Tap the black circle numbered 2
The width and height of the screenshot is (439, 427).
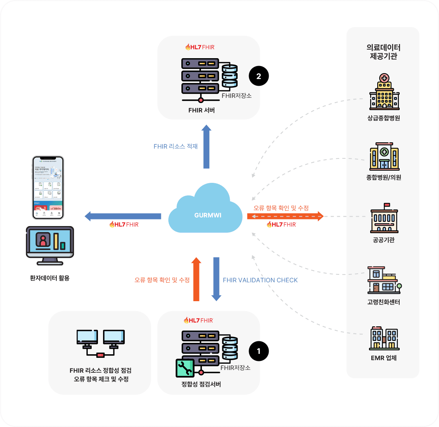258,76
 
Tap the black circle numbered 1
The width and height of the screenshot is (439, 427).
258,351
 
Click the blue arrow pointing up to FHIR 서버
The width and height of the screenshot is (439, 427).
207,147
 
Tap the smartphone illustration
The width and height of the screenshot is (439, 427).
48,188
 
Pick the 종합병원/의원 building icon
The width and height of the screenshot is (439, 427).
384,156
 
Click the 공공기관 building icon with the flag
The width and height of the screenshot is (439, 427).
384,218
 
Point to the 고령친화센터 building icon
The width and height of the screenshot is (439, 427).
384,280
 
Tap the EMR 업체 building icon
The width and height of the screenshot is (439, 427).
384,339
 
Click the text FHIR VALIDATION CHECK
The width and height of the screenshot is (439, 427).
260,280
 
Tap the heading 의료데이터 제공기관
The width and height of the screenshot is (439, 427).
383,52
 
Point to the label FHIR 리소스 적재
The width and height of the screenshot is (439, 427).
175,146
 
